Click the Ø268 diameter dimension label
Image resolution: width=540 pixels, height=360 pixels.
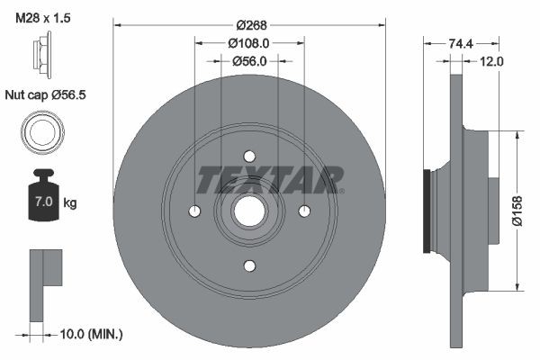[x=249, y=25]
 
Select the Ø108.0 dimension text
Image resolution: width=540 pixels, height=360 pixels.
[x=249, y=43]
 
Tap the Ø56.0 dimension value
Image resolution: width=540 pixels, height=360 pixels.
[x=249, y=61]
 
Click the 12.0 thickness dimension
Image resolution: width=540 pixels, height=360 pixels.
[x=491, y=61]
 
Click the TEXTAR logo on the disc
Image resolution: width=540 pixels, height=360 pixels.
[x=269, y=180]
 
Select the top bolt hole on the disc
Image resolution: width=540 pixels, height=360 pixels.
[x=249, y=156]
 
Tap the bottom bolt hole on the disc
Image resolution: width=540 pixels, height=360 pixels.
[x=249, y=265]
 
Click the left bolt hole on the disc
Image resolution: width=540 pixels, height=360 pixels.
[x=194, y=211]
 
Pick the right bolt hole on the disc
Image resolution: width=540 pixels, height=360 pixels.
[x=304, y=211]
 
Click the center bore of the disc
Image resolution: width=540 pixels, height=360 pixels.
[x=249, y=211]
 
